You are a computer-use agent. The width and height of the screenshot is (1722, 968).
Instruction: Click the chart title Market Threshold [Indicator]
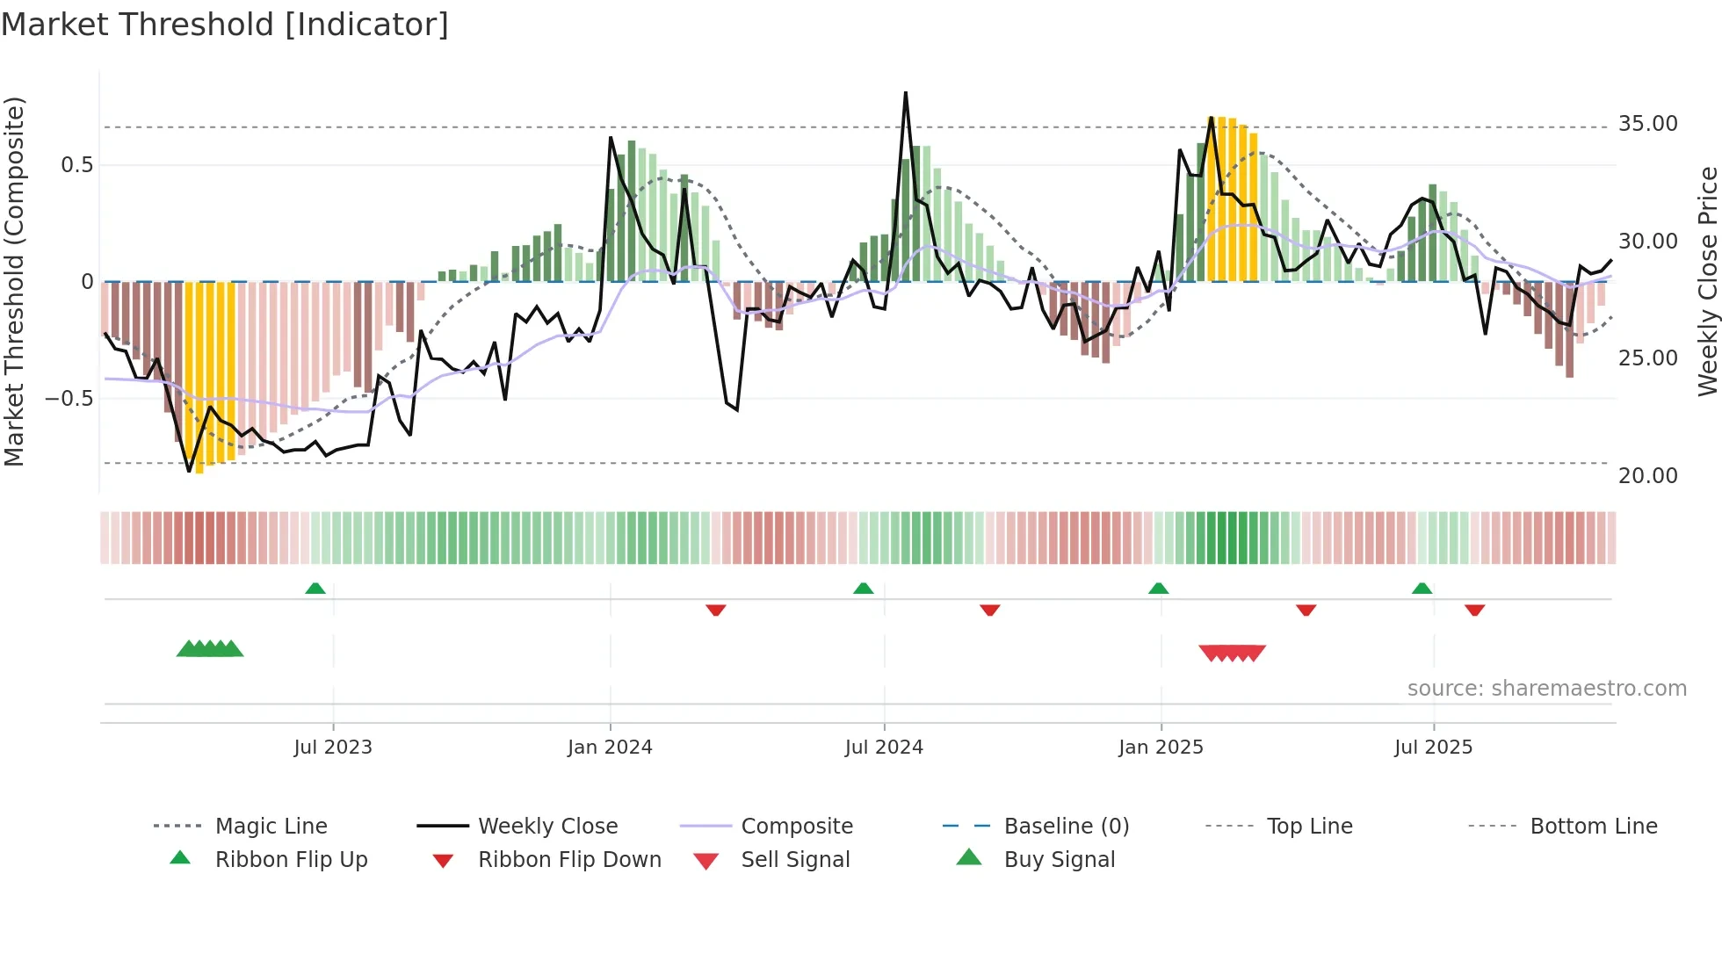tap(225, 25)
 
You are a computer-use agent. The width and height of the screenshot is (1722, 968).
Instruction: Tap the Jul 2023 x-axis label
tap(333, 748)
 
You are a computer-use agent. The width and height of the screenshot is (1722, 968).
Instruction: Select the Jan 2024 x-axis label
tap(610, 748)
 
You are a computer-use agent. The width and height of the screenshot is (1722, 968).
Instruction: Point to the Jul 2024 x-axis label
tap(884, 748)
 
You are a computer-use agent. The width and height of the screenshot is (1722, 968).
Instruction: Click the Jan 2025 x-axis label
tap(1161, 748)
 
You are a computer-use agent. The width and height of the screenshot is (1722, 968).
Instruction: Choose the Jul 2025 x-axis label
tap(1433, 748)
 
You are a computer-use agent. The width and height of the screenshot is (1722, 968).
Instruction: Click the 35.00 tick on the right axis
tap(1647, 124)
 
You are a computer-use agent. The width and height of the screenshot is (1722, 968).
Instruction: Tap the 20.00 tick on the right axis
tap(1647, 476)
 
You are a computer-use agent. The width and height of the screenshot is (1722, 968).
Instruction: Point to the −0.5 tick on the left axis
tap(69, 399)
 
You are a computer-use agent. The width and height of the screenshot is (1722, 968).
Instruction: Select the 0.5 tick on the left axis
tap(76, 165)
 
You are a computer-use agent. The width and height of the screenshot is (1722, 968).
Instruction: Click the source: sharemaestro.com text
tap(1546, 689)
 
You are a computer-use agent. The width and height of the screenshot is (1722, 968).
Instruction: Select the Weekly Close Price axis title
tap(1707, 281)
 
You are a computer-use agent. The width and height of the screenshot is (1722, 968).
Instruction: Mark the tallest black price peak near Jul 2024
tap(906, 93)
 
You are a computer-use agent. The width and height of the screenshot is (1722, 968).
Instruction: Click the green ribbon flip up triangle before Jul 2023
tap(315, 589)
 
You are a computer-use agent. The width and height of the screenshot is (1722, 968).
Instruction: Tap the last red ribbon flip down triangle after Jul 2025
tap(1474, 610)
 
